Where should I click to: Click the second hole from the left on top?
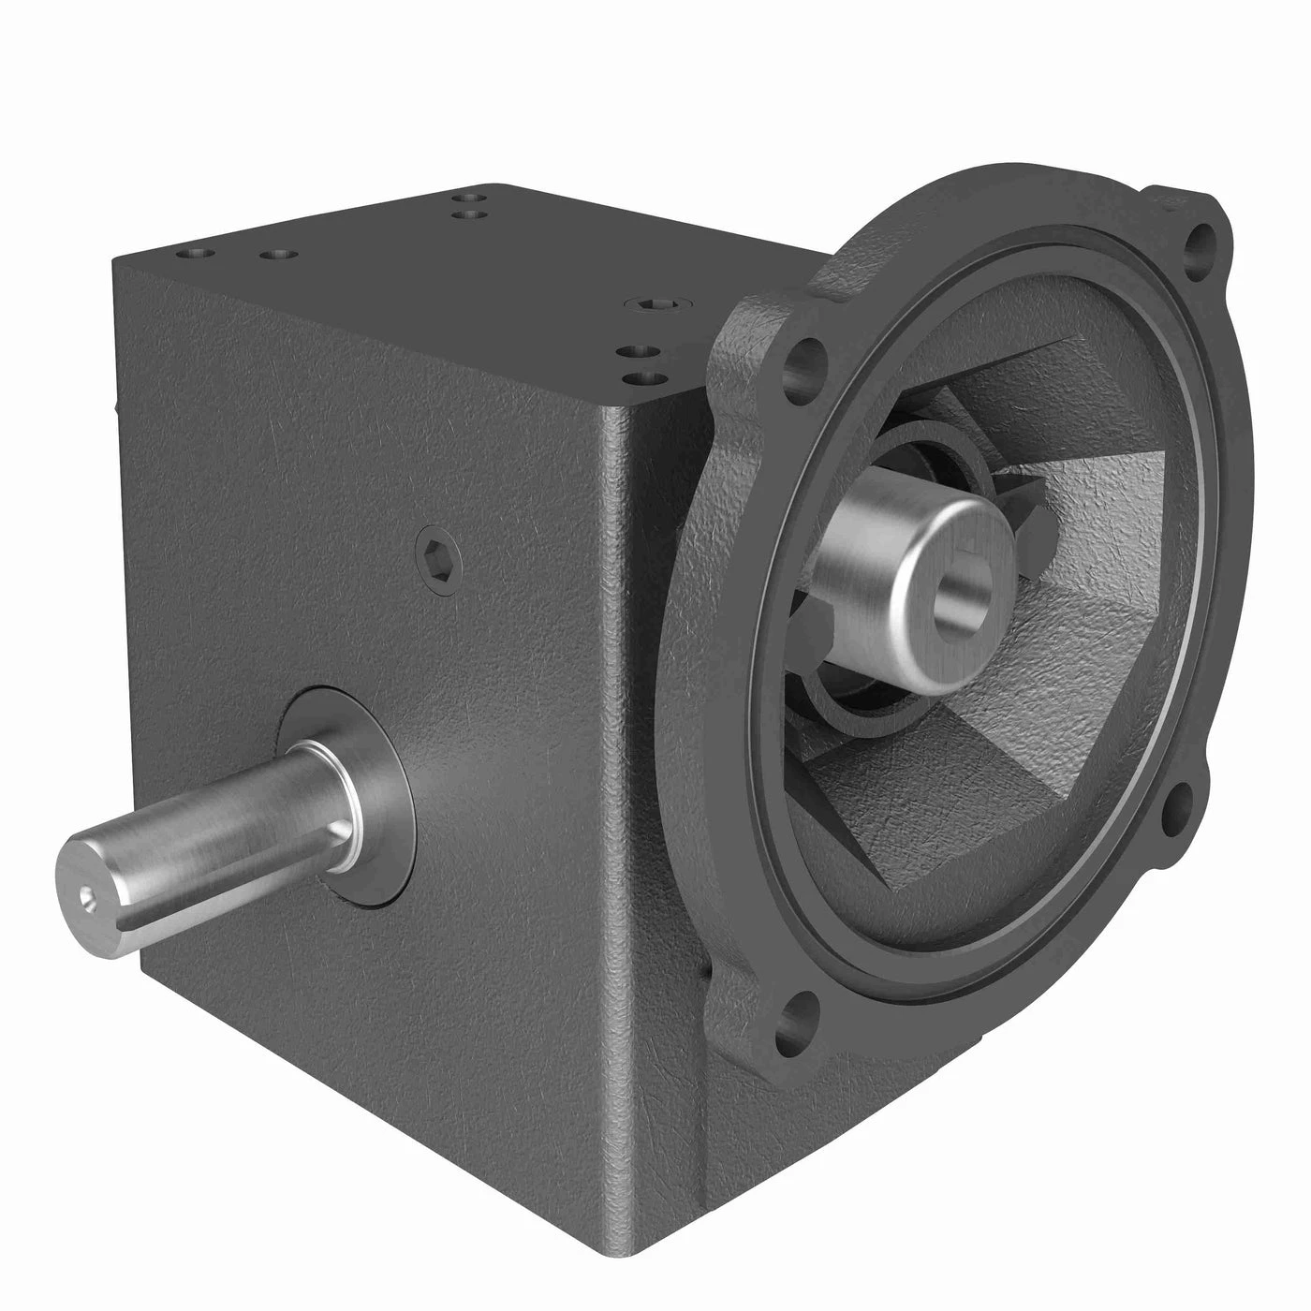[x=274, y=255]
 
